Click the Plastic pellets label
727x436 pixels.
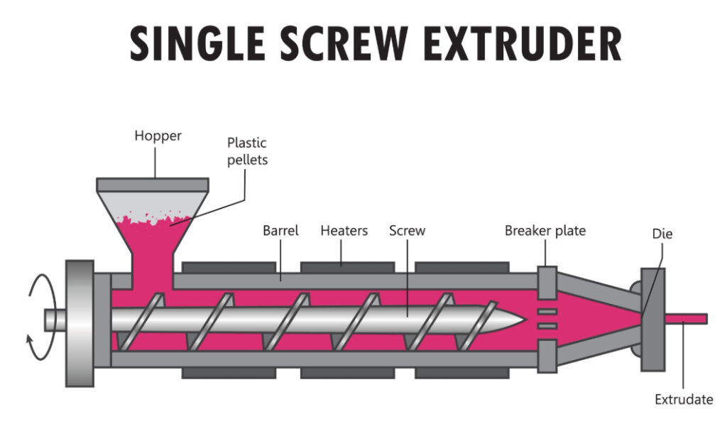[247, 151]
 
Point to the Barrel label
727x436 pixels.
[280, 231]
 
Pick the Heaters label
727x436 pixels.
[343, 231]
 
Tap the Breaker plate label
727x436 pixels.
[545, 231]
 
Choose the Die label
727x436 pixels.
[662, 234]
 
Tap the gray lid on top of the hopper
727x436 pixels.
[152, 185]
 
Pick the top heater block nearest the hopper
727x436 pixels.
[229, 267]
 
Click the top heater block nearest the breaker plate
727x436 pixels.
[461, 267]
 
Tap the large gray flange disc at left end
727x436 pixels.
[79, 323]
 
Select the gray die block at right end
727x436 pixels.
[651, 320]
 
